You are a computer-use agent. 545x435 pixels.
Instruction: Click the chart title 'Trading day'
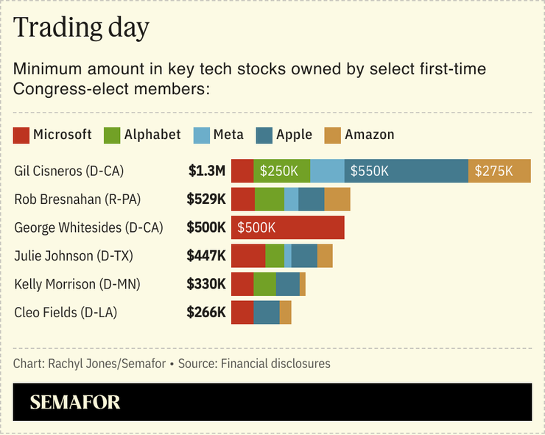[x=82, y=28]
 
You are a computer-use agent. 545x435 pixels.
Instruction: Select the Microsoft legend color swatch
[x=21, y=135]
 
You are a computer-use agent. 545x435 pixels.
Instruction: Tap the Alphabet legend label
[x=152, y=135]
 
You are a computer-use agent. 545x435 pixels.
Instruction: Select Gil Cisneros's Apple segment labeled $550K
[x=406, y=171]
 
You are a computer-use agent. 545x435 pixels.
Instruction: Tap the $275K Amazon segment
[x=499, y=171]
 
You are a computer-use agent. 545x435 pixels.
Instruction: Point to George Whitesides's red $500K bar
[x=287, y=227]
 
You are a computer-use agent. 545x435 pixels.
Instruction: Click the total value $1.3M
[x=206, y=171]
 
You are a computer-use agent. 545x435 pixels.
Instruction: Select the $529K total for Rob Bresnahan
[x=206, y=199]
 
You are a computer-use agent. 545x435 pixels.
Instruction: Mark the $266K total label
[x=206, y=312]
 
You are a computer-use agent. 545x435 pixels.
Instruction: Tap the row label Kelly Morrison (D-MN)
[x=77, y=284]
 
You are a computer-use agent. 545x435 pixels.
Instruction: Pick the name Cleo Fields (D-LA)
[x=66, y=312]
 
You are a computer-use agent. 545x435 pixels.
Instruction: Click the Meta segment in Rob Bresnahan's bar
[x=291, y=199]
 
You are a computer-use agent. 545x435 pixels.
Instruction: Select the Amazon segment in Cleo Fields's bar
[x=285, y=312]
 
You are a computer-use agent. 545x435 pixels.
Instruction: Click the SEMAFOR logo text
[x=75, y=403]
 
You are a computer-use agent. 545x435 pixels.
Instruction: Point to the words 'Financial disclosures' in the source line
[x=275, y=364]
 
